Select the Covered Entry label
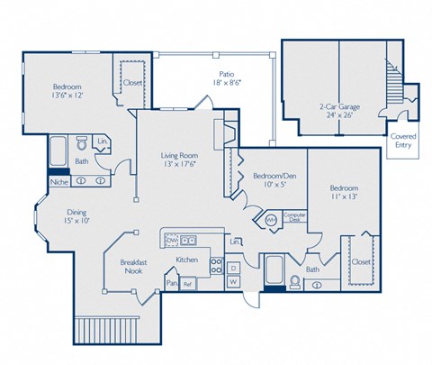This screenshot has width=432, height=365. pos(402,140)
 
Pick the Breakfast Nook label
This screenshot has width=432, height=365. pos(134,267)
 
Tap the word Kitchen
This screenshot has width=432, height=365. pos(186,260)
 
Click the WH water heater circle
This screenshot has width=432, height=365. pos(271,218)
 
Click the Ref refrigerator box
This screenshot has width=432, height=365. pos(188,284)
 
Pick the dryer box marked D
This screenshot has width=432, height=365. pos(231,267)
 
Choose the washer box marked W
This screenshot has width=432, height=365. pos(231,283)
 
